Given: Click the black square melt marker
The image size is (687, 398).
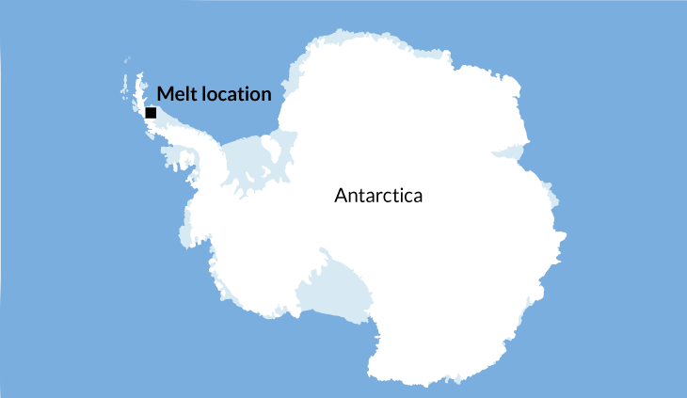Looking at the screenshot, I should point(151,113).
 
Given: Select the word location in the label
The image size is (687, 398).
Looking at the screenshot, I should point(234,94).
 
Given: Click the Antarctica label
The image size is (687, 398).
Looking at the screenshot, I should point(378,197).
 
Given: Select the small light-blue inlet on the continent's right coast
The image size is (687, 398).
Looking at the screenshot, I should point(514,151).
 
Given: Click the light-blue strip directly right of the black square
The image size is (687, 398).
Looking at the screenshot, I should point(169,117).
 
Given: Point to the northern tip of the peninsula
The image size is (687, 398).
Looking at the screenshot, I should point(139,73).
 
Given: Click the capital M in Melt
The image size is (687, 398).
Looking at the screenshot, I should point(165,94).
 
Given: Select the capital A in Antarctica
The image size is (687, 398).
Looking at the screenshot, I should point(341,197).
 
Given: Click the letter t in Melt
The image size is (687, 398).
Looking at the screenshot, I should point(191,94).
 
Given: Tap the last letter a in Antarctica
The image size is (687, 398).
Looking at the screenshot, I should point(418,199).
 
